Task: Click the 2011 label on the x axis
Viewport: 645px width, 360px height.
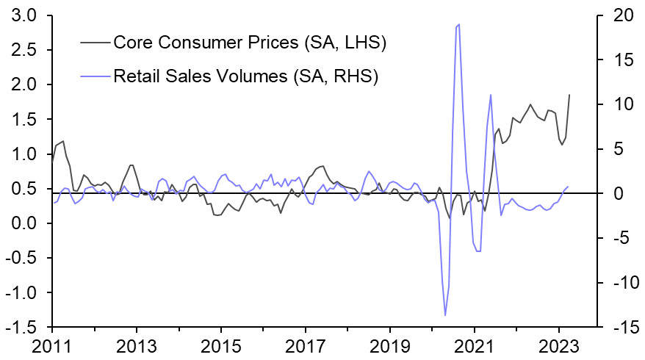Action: (x=52, y=346)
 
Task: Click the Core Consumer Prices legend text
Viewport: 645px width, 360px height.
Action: (x=250, y=42)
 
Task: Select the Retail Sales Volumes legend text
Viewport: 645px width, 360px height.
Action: (x=245, y=76)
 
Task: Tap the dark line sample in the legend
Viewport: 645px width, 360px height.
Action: (x=95, y=42)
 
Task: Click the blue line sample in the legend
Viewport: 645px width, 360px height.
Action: (x=95, y=76)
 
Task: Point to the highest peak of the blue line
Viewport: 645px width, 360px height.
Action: (x=459, y=24)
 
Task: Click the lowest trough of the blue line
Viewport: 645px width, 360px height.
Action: (x=445, y=315)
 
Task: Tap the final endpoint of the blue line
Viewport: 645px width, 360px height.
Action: (x=568, y=186)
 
